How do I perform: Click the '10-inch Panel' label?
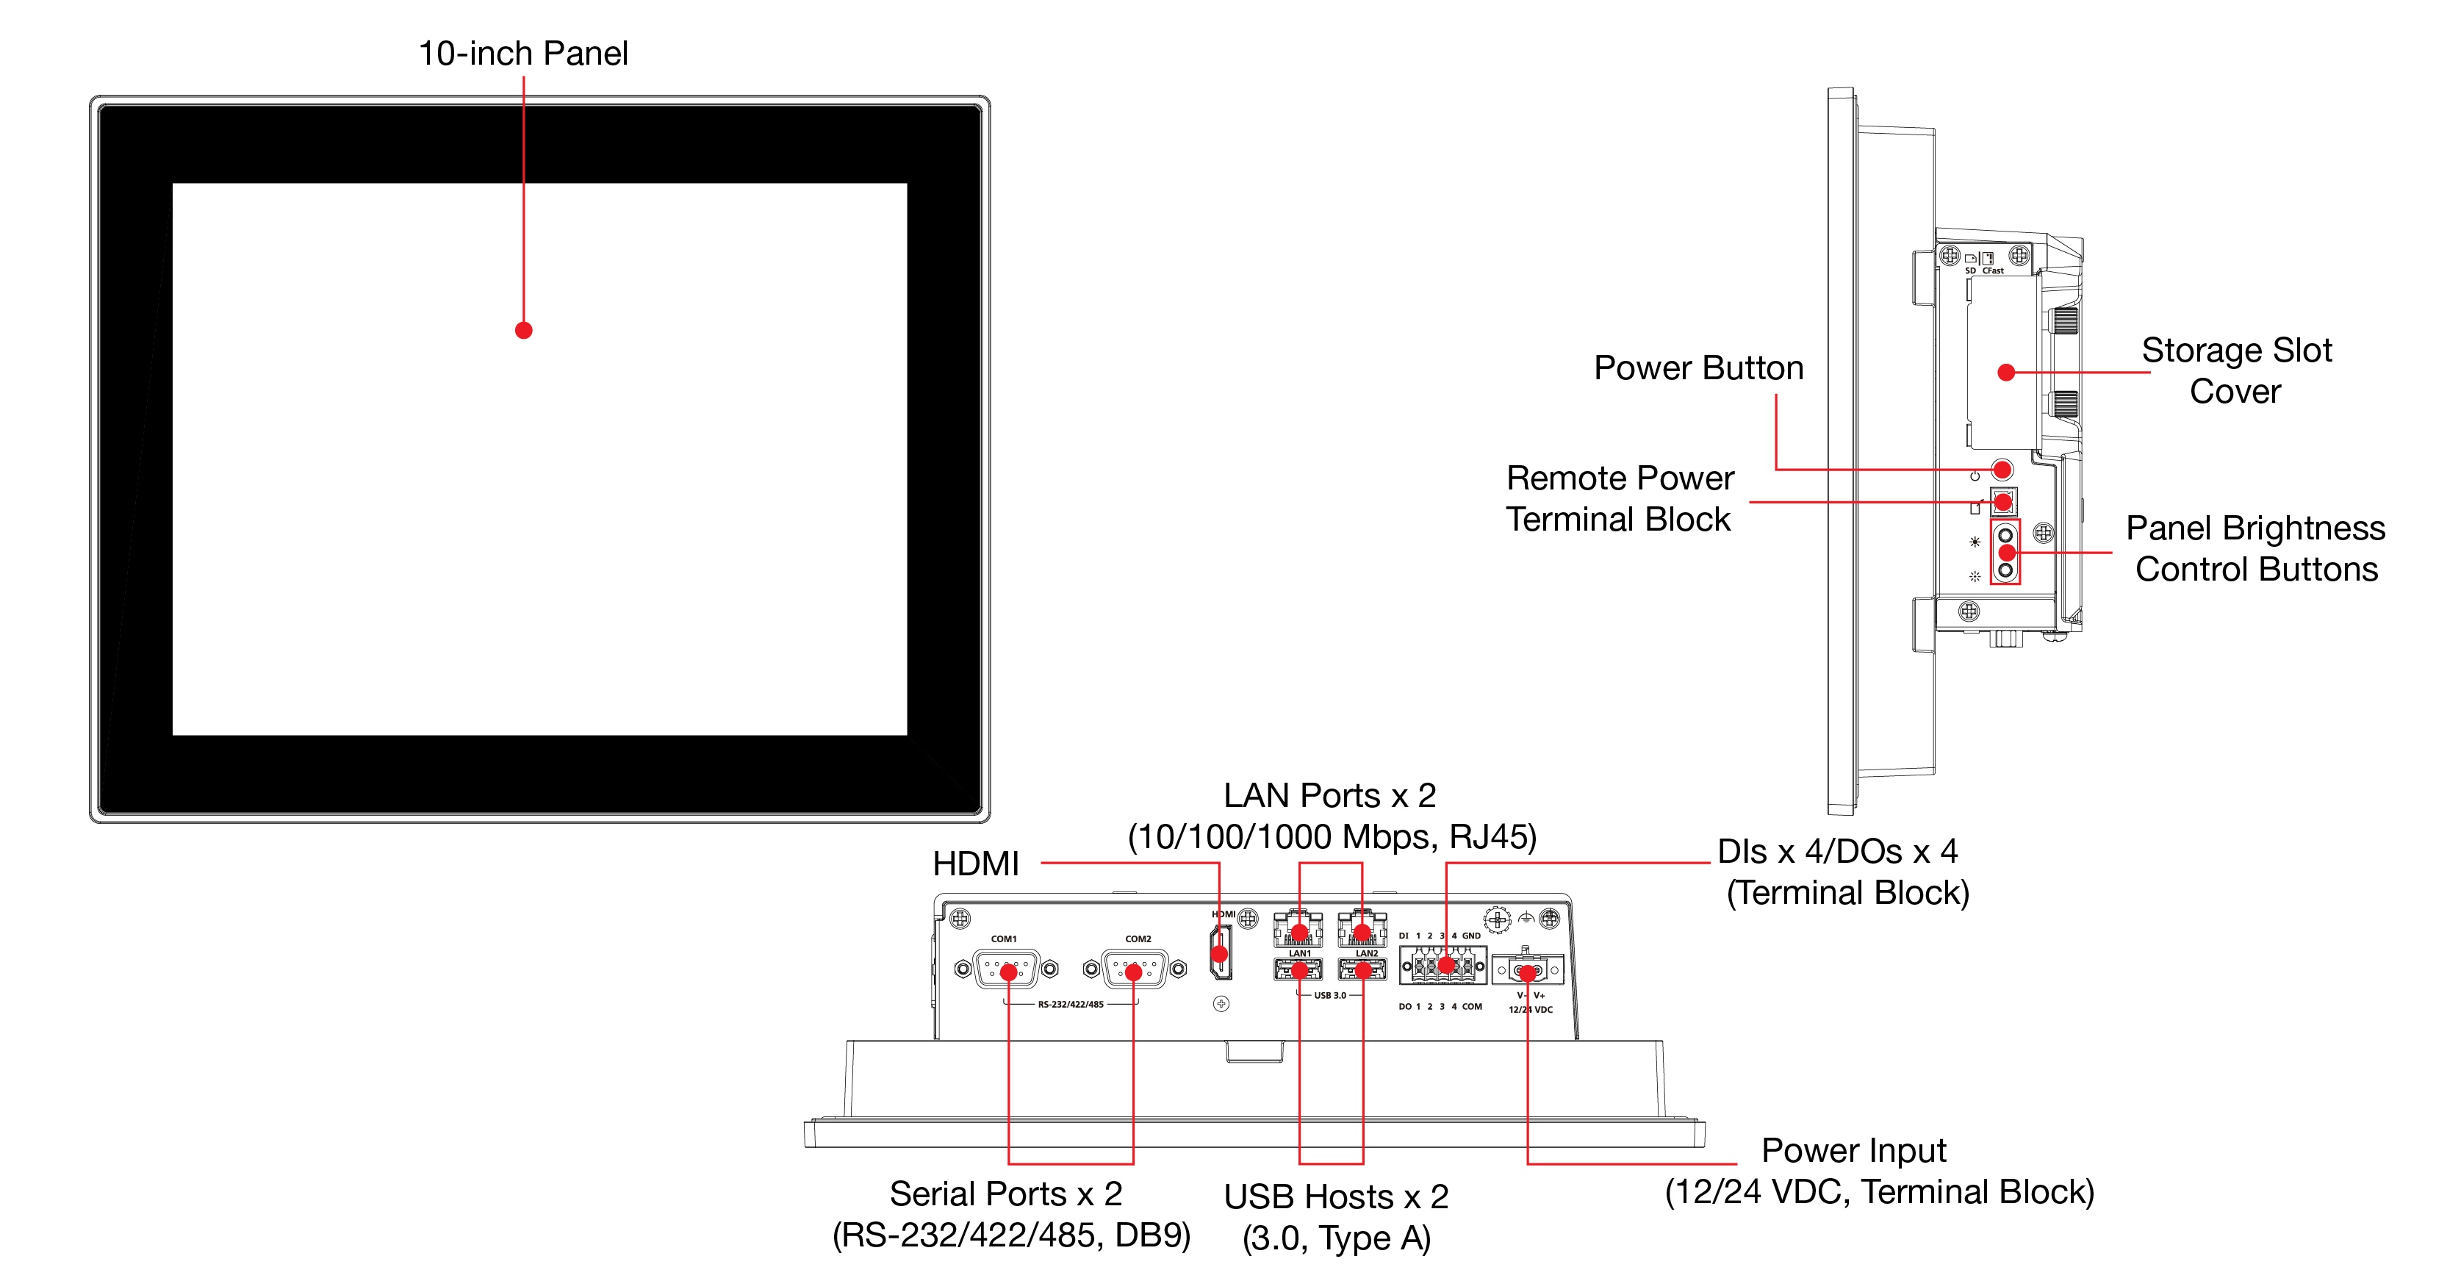click(522, 54)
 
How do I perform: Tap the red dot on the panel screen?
click(523, 331)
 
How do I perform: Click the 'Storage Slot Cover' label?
click(2235, 370)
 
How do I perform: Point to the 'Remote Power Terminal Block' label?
click(1620, 498)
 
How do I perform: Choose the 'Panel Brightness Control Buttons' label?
click(2255, 548)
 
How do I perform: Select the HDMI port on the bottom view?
click(1220, 952)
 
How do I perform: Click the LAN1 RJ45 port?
click(1298, 928)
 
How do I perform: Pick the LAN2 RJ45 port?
click(1362, 928)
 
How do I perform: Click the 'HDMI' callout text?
click(975, 864)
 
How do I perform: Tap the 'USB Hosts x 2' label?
click(1336, 1197)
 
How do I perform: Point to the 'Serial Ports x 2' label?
click(1006, 1194)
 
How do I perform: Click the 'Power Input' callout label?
click(1853, 1151)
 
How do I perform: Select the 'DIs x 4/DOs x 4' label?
click(1837, 851)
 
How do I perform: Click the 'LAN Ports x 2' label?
click(1330, 796)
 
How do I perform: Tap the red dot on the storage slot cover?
click(2006, 373)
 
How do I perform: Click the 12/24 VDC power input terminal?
click(1528, 972)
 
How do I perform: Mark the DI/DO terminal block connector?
click(1443, 966)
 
